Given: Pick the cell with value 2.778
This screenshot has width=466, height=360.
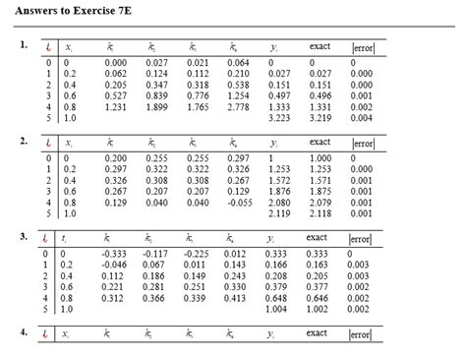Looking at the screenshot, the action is tap(237, 105).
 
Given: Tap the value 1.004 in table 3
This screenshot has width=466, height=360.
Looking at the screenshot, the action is tap(278, 309).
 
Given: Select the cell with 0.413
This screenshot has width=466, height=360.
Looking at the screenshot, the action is tap(237, 298).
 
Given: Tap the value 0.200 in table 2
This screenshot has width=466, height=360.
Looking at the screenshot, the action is tap(115, 158).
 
